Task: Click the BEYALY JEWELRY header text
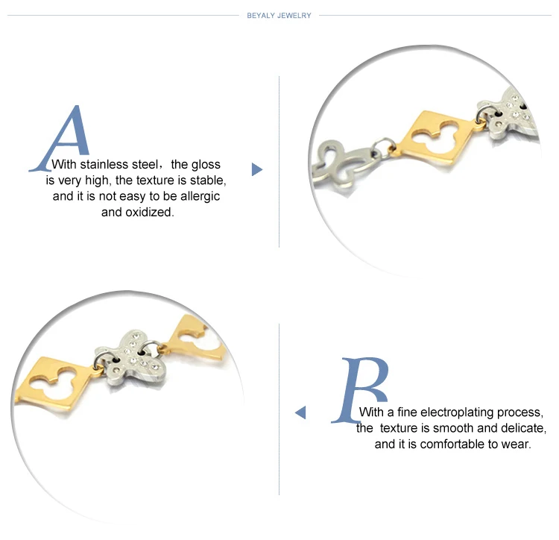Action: (x=279, y=16)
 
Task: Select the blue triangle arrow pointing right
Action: (x=256, y=169)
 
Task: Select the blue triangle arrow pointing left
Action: (x=300, y=412)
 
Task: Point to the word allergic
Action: (x=200, y=196)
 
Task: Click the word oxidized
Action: (x=150, y=213)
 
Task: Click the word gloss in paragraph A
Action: (x=206, y=165)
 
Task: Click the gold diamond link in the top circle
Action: (x=438, y=138)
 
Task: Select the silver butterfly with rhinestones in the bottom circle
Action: (x=133, y=360)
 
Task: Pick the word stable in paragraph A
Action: (x=207, y=180)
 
